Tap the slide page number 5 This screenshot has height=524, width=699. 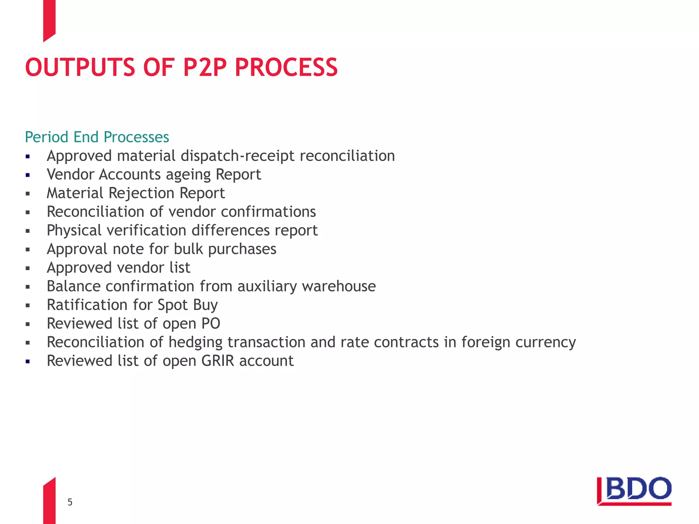(70, 502)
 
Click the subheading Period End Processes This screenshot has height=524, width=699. (97, 137)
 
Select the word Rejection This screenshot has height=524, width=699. (141, 193)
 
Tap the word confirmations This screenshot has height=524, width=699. (268, 212)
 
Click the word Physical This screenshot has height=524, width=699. (74, 230)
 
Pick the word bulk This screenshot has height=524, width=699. (188, 249)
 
